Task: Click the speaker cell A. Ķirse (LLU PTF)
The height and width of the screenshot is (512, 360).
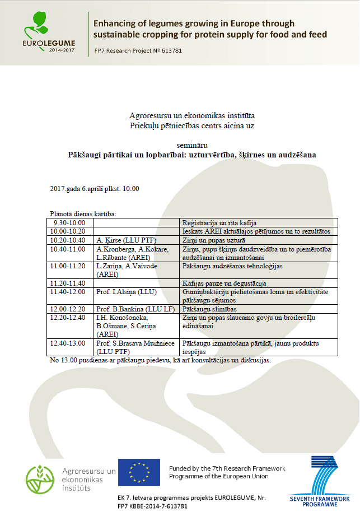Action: point(122,240)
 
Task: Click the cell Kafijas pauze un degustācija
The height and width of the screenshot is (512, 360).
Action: point(223,283)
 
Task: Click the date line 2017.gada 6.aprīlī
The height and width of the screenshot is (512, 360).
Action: point(94,188)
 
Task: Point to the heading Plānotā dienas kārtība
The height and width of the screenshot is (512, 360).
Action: point(82,213)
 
